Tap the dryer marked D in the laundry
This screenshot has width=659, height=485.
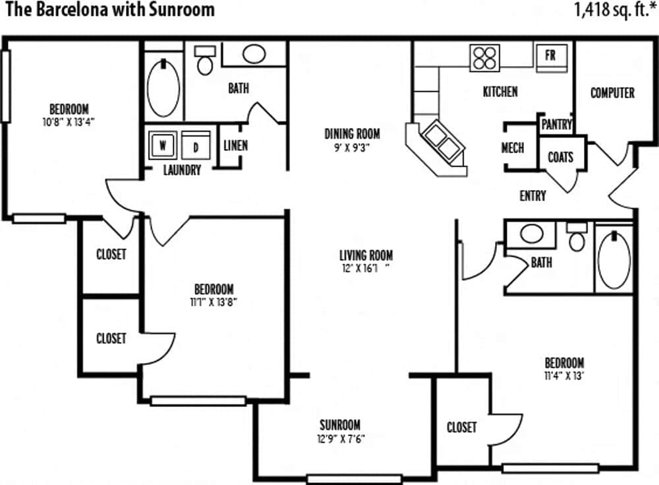coord(195,145)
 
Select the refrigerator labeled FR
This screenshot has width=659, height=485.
coord(550,56)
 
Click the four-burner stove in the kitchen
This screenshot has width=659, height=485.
coord(484,57)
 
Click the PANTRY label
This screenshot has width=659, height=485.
coord(556,124)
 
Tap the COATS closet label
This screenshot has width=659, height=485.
coord(560,157)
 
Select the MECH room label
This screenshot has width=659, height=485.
coord(513,147)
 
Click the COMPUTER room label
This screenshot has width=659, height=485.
coord(612,93)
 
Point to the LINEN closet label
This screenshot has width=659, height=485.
coord(235,145)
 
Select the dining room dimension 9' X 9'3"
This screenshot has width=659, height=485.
coord(352,148)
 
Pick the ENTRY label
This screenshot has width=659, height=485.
coord(532,196)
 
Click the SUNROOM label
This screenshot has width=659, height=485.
coord(340,425)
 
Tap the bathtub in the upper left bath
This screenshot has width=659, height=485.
coord(163,88)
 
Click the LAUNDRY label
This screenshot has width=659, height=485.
coord(182,170)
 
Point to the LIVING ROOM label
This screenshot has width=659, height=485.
coord(366,255)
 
